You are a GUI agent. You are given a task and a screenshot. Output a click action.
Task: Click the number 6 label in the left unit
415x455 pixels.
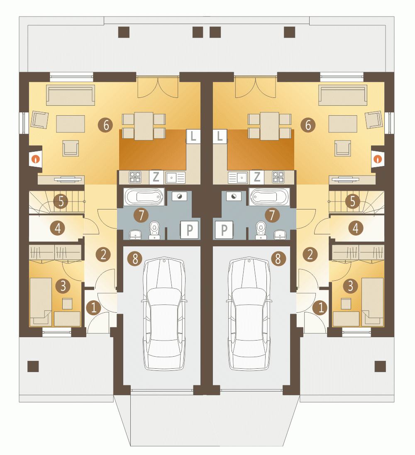(105, 125)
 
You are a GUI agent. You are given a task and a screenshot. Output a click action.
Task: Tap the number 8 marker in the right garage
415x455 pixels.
(278, 258)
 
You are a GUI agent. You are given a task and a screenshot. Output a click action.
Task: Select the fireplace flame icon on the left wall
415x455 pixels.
(35, 159)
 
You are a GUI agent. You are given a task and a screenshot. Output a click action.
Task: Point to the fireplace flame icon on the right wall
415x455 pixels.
(378, 159)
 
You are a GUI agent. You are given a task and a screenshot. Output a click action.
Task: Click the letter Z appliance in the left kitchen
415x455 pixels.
(156, 177)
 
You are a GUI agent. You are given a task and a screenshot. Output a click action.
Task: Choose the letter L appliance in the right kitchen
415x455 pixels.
(220, 136)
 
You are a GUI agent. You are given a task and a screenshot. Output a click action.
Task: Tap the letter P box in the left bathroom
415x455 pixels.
(189, 230)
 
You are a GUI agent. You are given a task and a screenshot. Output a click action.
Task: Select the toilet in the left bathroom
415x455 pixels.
(155, 230)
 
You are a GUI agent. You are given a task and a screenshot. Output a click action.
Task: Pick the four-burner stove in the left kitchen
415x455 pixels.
(135, 177)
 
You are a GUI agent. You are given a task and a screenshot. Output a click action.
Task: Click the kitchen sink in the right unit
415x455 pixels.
(238, 178)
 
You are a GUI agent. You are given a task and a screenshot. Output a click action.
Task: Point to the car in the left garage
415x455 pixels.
(164, 314)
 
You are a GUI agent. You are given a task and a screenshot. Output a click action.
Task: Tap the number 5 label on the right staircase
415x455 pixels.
(353, 201)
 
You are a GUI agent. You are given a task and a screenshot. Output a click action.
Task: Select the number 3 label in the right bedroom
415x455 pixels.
(350, 286)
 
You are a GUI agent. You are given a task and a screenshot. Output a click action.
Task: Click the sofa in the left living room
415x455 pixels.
(71, 95)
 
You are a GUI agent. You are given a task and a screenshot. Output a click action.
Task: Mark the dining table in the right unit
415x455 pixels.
(269, 126)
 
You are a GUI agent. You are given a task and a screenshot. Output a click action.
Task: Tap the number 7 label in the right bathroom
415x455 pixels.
(272, 215)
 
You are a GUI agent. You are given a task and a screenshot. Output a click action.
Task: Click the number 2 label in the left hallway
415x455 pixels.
(103, 254)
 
